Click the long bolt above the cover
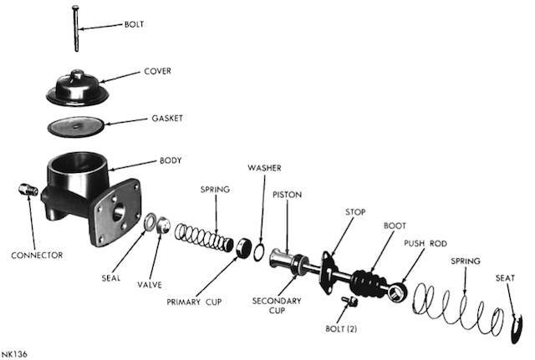pos(76,28)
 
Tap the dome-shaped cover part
pos(78,88)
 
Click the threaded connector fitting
pos(28,190)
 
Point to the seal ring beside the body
pos(150,221)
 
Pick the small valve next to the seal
pos(163,226)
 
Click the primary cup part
pos(243,248)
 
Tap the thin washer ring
pos(258,252)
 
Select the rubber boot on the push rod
pos(369,283)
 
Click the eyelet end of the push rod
pos(398,292)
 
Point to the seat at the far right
pos(517,328)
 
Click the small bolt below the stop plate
pos(349,300)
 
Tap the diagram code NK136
pos(14,354)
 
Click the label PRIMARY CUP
pos(194,302)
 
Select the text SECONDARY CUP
pos(277,306)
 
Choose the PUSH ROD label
pos(425,243)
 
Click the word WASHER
pos(264,168)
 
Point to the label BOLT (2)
pos(341,328)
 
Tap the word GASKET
pos(167,119)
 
